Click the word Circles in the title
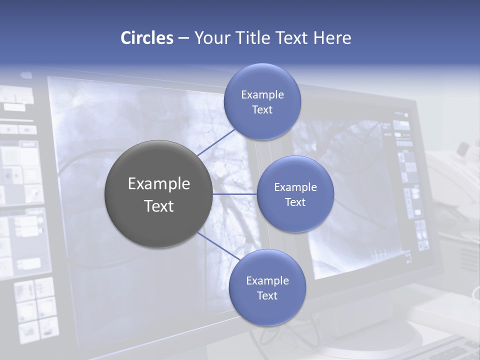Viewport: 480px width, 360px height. click(x=146, y=38)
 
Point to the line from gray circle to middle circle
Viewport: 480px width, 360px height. click(x=234, y=194)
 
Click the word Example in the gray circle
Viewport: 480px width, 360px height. click(x=158, y=184)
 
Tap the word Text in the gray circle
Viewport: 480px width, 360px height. click(x=158, y=206)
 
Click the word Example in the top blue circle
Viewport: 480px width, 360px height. click(x=262, y=94)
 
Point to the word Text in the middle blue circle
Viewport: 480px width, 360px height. click(x=295, y=202)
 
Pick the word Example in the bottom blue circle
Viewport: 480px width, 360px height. click(x=267, y=280)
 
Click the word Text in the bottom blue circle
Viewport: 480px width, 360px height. click(x=267, y=295)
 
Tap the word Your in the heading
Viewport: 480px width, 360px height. click(x=210, y=38)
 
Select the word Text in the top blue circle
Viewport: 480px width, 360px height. click(x=262, y=109)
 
